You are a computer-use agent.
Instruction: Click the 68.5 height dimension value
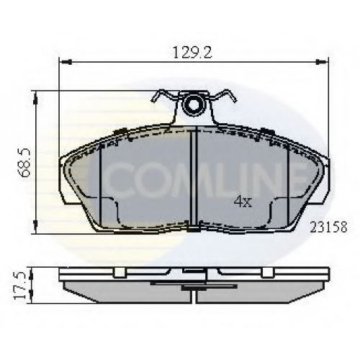click(x=24, y=163)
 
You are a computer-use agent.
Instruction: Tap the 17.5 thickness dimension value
click(x=20, y=286)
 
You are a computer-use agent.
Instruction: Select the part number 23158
click(x=328, y=227)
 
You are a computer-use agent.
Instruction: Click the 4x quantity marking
click(x=243, y=201)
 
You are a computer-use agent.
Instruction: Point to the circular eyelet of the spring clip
click(x=192, y=105)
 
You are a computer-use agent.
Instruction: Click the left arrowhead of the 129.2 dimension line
click(x=67, y=62)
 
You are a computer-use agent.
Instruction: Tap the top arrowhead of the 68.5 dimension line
click(x=35, y=99)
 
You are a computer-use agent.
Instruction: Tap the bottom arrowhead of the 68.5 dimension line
click(x=35, y=225)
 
